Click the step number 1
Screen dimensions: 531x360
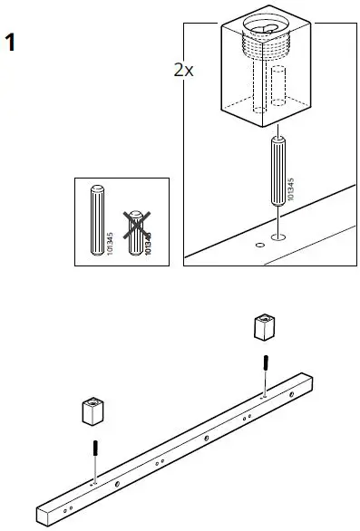pos(11,42)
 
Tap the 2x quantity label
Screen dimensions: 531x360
pos(183,70)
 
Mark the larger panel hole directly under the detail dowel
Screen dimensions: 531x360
pos(277,237)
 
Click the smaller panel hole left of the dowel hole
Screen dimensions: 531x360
pos(259,244)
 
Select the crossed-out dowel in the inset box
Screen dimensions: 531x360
pos(136,232)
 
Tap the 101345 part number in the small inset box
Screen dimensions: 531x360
pos(110,242)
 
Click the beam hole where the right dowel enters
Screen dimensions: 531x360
pos(262,395)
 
